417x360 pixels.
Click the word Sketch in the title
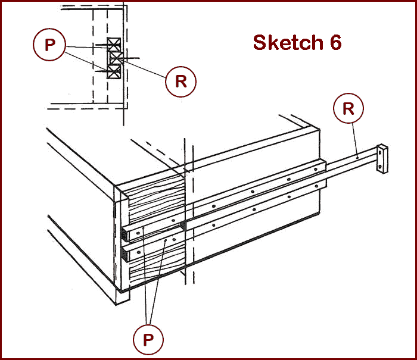coord(284,42)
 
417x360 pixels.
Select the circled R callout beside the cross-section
coord(181,82)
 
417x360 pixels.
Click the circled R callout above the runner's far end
coord(349,109)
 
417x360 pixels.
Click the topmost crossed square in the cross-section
coord(114,44)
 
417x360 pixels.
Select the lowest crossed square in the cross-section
coord(114,71)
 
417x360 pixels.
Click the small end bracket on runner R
coord(381,159)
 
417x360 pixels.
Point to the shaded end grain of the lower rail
coord(125,255)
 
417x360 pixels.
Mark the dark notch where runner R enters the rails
coord(182,225)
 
